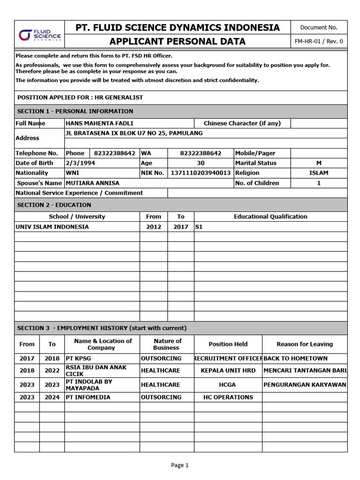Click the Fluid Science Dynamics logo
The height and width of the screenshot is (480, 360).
pyautogui.click(x=40, y=35)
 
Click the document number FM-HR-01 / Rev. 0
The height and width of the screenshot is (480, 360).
pyautogui.click(x=319, y=41)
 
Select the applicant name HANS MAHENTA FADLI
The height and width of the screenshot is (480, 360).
pyautogui.click(x=100, y=123)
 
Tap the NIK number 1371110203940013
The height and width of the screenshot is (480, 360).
pyautogui.click(x=201, y=173)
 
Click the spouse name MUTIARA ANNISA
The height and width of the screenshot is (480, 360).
pyautogui.click(x=93, y=183)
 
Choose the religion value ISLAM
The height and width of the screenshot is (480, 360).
pyautogui.click(x=319, y=173)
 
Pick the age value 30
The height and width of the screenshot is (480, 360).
pyautogui.click(x=201, y=163)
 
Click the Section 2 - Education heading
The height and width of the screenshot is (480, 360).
pyautogui.click(x=54, y=205)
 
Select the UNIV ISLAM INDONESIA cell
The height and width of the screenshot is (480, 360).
pyautogui.click(x=52, y=227)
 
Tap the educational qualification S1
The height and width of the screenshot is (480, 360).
pyautogui.click(x=200, y=227)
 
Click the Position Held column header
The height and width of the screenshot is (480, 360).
pyautogui.click(x=228, y=344)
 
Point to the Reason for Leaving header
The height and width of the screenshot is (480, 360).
pyautogui.click(x=305, y=344)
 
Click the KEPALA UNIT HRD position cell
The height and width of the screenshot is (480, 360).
pyautogui.click(x=228, y=371)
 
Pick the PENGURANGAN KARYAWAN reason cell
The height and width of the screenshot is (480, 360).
pyautogui.click(x=305, y=385)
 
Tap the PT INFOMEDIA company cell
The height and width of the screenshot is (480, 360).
pyautogui.click(x=88, y=397)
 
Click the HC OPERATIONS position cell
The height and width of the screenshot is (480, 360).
pyautogui.click(x=228, y=397)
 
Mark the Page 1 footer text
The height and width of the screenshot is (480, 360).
pyautogui.click(x=180, y=465)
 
